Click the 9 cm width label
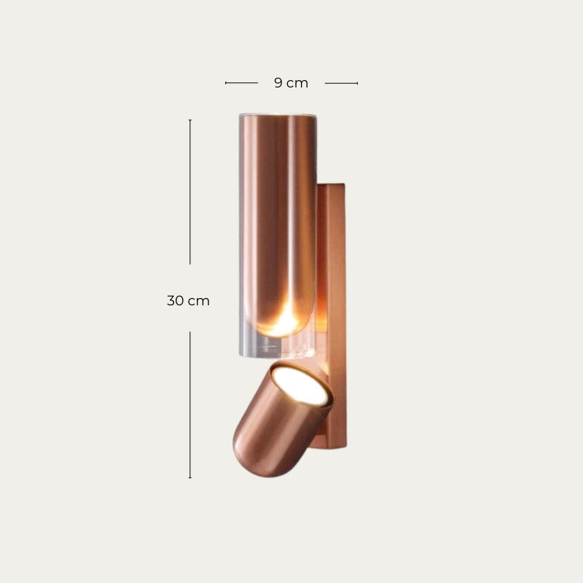291,83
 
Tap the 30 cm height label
188,300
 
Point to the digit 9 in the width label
278,83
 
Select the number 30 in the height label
176,300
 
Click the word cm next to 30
199,300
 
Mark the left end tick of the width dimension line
226,83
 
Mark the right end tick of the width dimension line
357,83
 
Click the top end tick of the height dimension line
190,120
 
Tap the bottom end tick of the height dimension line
190,478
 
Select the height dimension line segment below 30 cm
190,404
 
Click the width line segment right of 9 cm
340,83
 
